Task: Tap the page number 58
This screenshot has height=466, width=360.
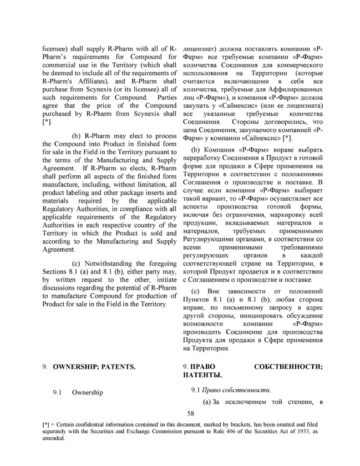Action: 191,413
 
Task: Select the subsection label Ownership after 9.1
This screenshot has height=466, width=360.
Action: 87,393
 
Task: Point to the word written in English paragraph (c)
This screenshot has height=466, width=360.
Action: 59,280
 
